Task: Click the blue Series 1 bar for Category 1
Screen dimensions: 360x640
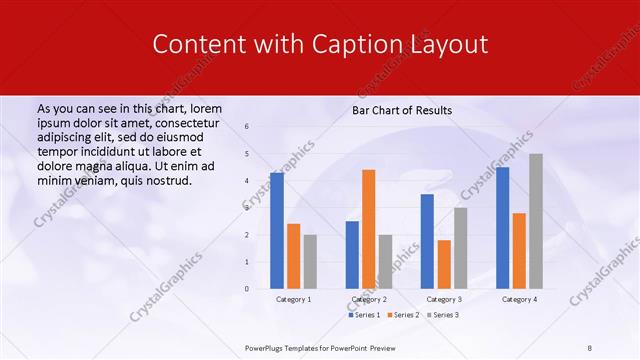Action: click(277, 231)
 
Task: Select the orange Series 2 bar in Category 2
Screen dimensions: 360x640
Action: click(369, 229)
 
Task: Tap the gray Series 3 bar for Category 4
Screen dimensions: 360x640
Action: click(536, 221)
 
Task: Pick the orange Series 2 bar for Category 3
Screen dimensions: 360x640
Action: click(444, 264)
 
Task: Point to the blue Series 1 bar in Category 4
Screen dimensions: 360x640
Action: click(502, 228)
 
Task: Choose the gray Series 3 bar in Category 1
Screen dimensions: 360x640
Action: click(310, 261)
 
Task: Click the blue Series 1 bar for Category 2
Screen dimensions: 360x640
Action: click(352, 255)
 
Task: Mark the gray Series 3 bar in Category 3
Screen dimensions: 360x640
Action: click(460, 248)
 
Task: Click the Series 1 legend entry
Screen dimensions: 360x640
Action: click(363, 315)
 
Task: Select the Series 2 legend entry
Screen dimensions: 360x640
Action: click(403, 315)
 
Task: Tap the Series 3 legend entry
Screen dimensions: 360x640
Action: click(443, 315)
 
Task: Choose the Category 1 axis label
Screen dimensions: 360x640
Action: click(293, 299)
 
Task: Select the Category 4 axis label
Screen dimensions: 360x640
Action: click(519, 299)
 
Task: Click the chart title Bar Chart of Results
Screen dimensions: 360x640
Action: click(402, 110)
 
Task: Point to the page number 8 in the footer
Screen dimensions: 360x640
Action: click(590, 348)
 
